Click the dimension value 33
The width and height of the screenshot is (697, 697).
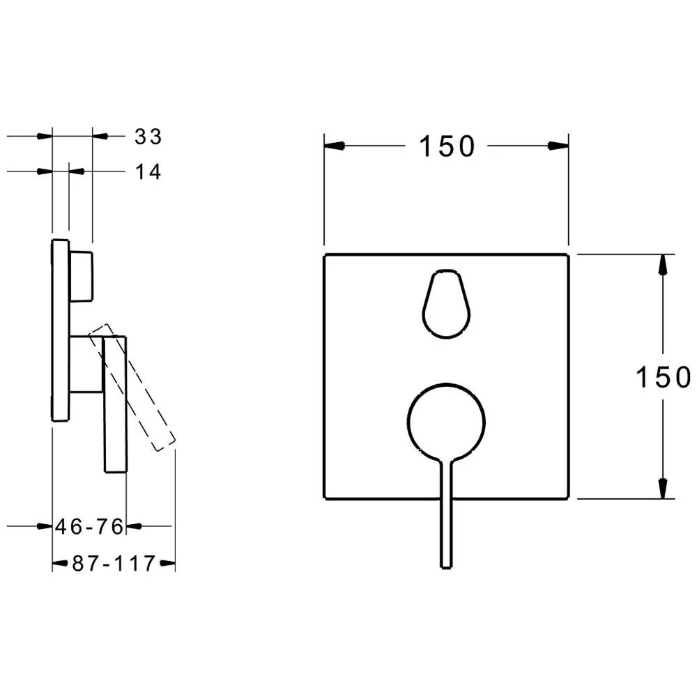(x=148, y=137)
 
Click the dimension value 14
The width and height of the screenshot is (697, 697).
(x=148, y=171)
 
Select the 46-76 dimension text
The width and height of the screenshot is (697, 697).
(x=89, y=527)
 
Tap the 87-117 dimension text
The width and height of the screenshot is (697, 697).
(x=114, y=563)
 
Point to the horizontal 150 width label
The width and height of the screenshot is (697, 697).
(x=447, y=146)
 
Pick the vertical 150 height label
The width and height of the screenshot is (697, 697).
(x=664, y=377)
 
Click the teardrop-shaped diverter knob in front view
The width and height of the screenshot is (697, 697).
(x=446, y=304)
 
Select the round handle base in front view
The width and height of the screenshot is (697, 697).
(x=446, y=422)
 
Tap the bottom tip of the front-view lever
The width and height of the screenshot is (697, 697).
(x=446, y=567)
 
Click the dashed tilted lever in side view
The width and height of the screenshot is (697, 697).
(x=132, y=388)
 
